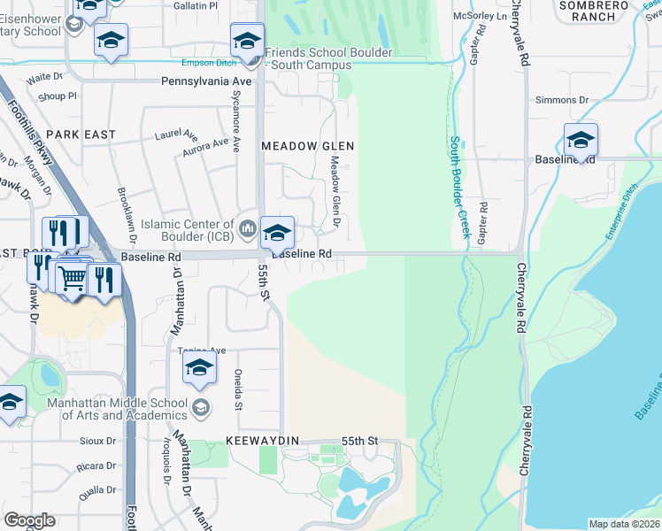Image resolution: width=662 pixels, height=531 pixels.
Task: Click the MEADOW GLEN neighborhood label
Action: click(308, 145)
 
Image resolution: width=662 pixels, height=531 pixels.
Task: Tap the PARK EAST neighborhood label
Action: click(81, 134)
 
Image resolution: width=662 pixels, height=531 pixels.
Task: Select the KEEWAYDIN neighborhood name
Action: click(263, 440)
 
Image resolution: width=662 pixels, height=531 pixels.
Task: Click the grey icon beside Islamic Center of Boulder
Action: click(248, 230)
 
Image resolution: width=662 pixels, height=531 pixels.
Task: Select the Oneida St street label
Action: click(237, 390)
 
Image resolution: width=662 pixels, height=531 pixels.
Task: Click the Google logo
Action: click(30, 520)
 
